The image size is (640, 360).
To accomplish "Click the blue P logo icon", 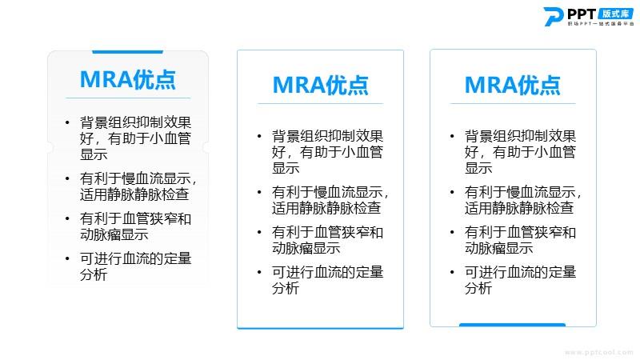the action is [x=554, y=17].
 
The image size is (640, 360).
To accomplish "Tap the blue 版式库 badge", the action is [x=615, y=14].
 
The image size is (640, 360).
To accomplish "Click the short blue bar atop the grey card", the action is [x=127, y=52].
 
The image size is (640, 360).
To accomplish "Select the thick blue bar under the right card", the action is [x=512, y=325].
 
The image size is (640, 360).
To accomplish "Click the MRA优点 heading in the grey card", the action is [x=128, y=79].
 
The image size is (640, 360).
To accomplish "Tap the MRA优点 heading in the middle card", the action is [x=321, y=86].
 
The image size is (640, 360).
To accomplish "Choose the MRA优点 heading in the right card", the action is [x=513, y=86].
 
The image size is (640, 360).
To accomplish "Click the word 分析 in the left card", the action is [x=94, y=274].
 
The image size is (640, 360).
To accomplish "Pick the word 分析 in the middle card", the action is [x=286, y=288].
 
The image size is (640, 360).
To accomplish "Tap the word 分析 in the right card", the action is [x=478, y=288].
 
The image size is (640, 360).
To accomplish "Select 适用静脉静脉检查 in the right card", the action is [x=519, y=208].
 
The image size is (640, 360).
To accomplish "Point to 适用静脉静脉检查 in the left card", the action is [x=134, y=194].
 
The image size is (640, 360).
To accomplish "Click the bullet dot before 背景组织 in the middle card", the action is [x=259, y=136].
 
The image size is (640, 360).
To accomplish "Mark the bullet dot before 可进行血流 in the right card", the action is [x=452, y=272].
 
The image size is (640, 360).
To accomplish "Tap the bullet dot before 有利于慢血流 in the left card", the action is [x=67, y=178].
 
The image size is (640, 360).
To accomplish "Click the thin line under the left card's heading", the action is [x=128, y=98].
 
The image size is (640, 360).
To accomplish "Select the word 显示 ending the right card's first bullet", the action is [x=478, y=168].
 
